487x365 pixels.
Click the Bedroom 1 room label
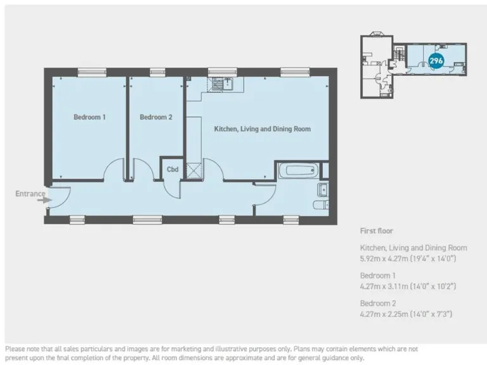click(x=89, y=117)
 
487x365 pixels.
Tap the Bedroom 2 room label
click(x=156, y=117)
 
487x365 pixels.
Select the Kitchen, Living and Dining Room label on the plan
click(x=262, y=129)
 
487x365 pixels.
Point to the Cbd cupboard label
click(x=172, y=169)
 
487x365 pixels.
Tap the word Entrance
click(x=30, y=193)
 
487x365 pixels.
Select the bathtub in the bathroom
click(x=297, y=170)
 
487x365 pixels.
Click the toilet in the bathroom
click(x=320, y=205)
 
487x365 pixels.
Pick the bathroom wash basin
click(x=322, y=189)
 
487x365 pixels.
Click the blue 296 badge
click(x=436, y=60)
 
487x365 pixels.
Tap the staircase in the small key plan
click(x=398, y=55)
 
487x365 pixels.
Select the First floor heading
click(x=377, y=231)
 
